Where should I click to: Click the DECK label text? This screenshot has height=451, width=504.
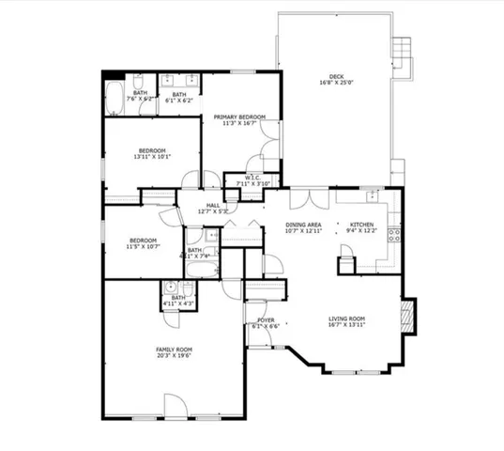pos(336,76)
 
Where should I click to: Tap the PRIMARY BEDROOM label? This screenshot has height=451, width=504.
pos(238,117)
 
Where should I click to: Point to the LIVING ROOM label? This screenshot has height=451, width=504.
pos(345,318)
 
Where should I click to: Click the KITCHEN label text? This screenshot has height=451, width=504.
pos(362,225)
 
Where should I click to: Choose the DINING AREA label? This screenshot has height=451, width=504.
pos(304,225)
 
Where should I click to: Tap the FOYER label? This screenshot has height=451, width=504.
pos(266,320)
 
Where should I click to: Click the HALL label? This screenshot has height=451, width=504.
pos(213,205)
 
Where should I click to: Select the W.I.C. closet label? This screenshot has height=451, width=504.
pos(252,178)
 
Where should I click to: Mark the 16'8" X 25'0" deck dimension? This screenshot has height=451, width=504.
pos(336,83)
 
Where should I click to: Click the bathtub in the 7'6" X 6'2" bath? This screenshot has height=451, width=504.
pos(114,96)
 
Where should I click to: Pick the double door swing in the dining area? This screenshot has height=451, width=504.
pos(309,198)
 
